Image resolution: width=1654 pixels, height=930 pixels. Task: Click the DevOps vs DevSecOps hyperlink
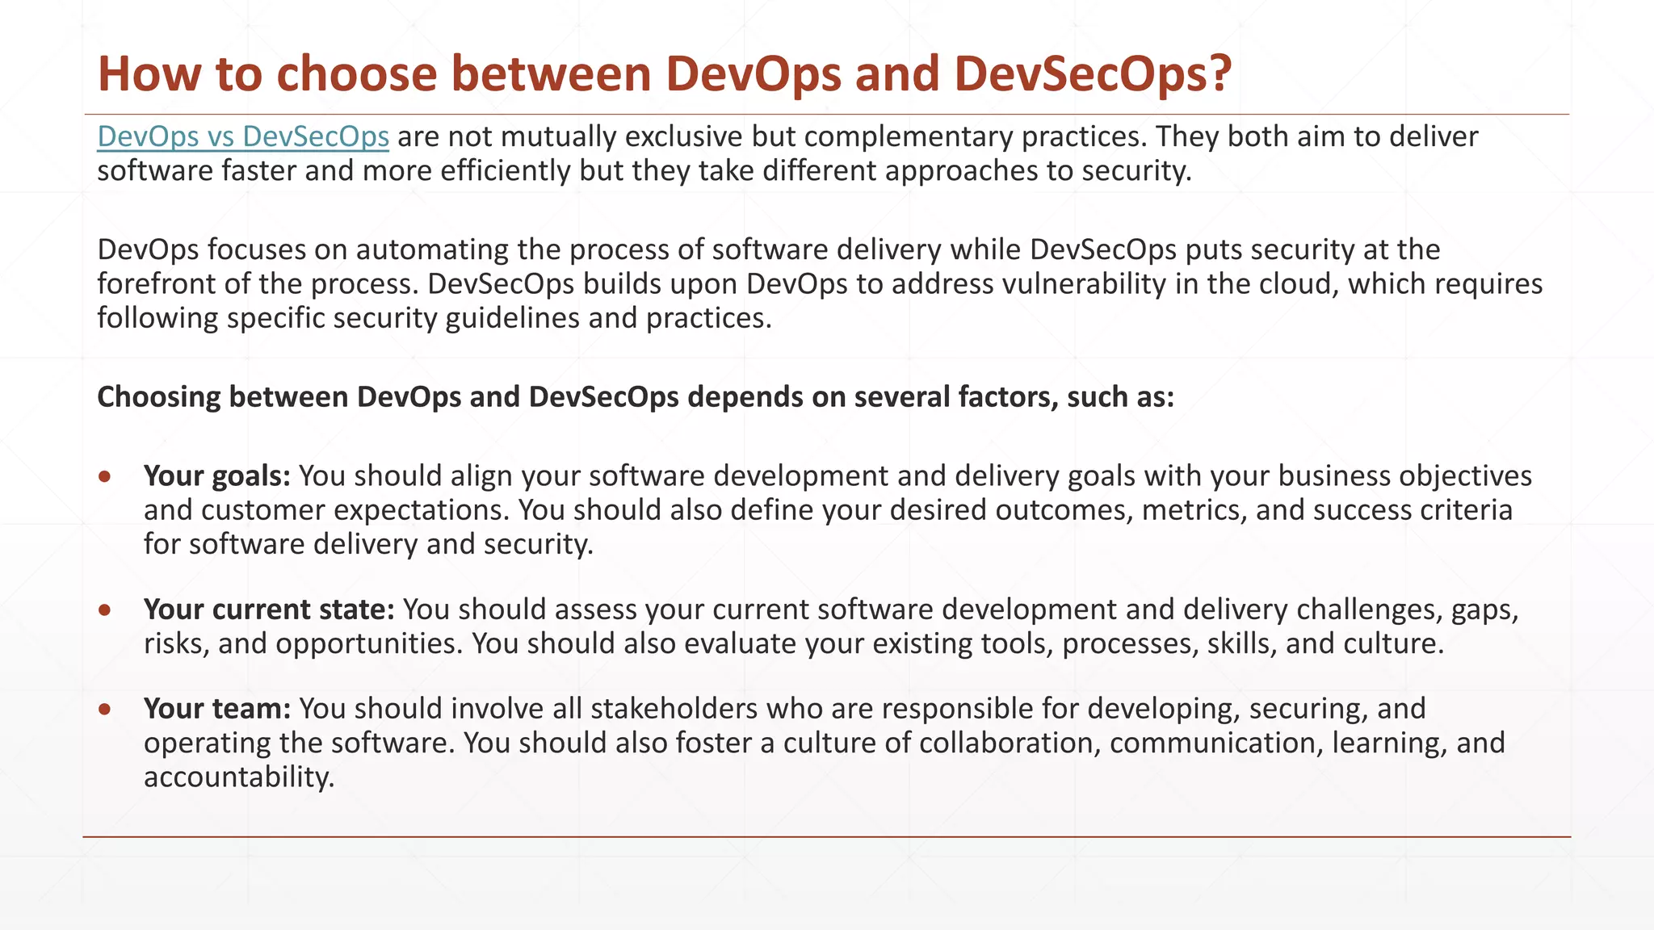click(x=243, y=137)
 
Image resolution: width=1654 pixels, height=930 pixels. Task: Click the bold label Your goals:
click(x=216, y=476)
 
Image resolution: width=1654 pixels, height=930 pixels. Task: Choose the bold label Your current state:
click(x=269, y=610)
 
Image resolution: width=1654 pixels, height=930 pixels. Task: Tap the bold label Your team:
click(x=216, y=709)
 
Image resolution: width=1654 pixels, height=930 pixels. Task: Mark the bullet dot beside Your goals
click(x=104, y=477)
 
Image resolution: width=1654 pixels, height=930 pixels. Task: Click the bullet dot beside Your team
click(x=104, y=710)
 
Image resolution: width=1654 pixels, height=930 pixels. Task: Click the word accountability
click(x=238, y=777)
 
